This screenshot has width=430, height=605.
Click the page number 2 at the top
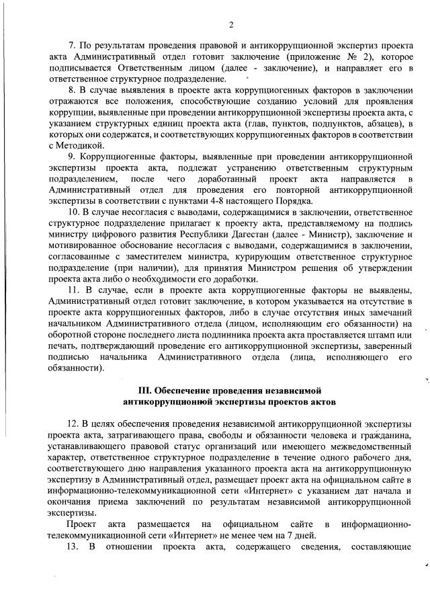pyautogui.click(x=230, y=25)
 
